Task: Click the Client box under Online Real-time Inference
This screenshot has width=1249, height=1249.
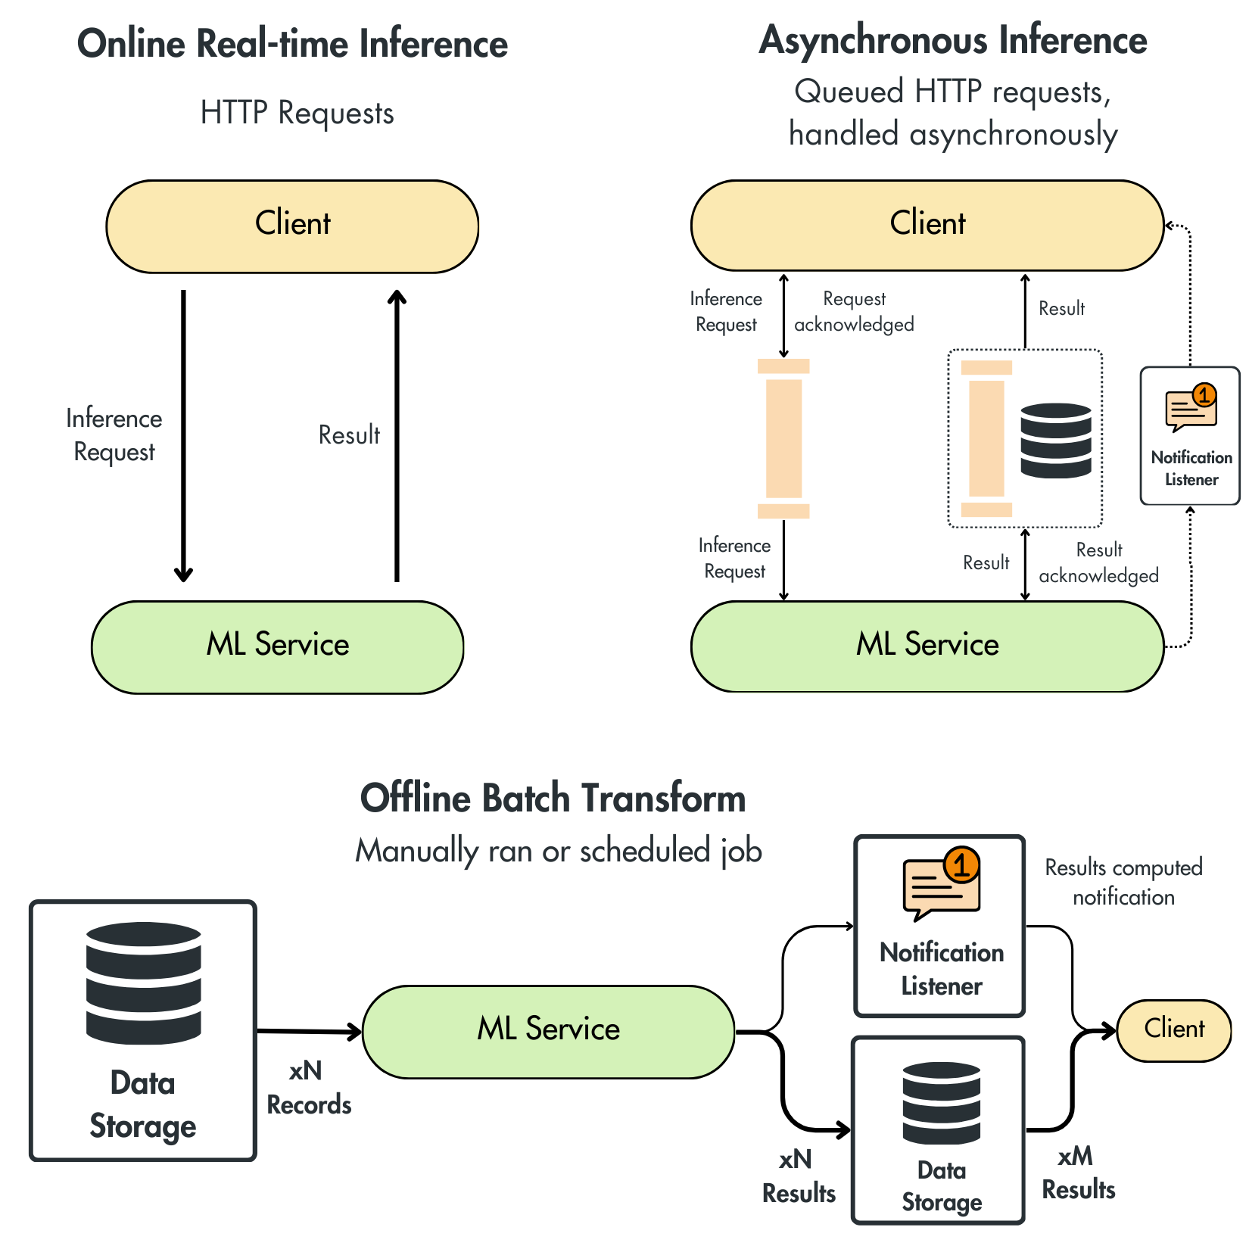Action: pos(292,226)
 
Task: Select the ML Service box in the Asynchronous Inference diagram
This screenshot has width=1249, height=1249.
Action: pos(927,646)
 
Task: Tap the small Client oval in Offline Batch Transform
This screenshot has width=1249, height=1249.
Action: pos(1174,1030)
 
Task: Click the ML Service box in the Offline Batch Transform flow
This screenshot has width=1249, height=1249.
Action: pos(549,1032)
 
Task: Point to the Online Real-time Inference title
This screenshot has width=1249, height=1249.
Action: pos(292,43)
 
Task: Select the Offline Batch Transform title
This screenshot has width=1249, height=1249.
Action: pos(553,798)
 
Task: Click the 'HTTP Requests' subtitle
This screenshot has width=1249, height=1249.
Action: pos(297,114)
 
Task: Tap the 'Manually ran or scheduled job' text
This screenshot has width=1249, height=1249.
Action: pos(559,851)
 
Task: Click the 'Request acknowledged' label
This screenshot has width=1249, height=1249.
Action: pos(854,311)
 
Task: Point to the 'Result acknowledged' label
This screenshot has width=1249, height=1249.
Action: pos(1098,562)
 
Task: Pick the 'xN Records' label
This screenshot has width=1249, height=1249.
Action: pos(309,1088)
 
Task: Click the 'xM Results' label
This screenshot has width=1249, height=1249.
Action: pos(1078,1173)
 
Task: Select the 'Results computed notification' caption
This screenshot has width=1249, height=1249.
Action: pos(1123,882)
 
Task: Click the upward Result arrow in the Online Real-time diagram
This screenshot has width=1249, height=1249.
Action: pos(397,436)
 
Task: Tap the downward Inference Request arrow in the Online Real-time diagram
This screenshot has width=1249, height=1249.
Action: pos(183,436)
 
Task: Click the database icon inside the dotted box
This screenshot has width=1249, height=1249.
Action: pos(1056,441)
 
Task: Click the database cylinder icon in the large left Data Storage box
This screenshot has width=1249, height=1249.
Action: pos(144,983)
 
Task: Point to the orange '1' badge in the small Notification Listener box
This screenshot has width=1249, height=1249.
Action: pos(1204,395)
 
